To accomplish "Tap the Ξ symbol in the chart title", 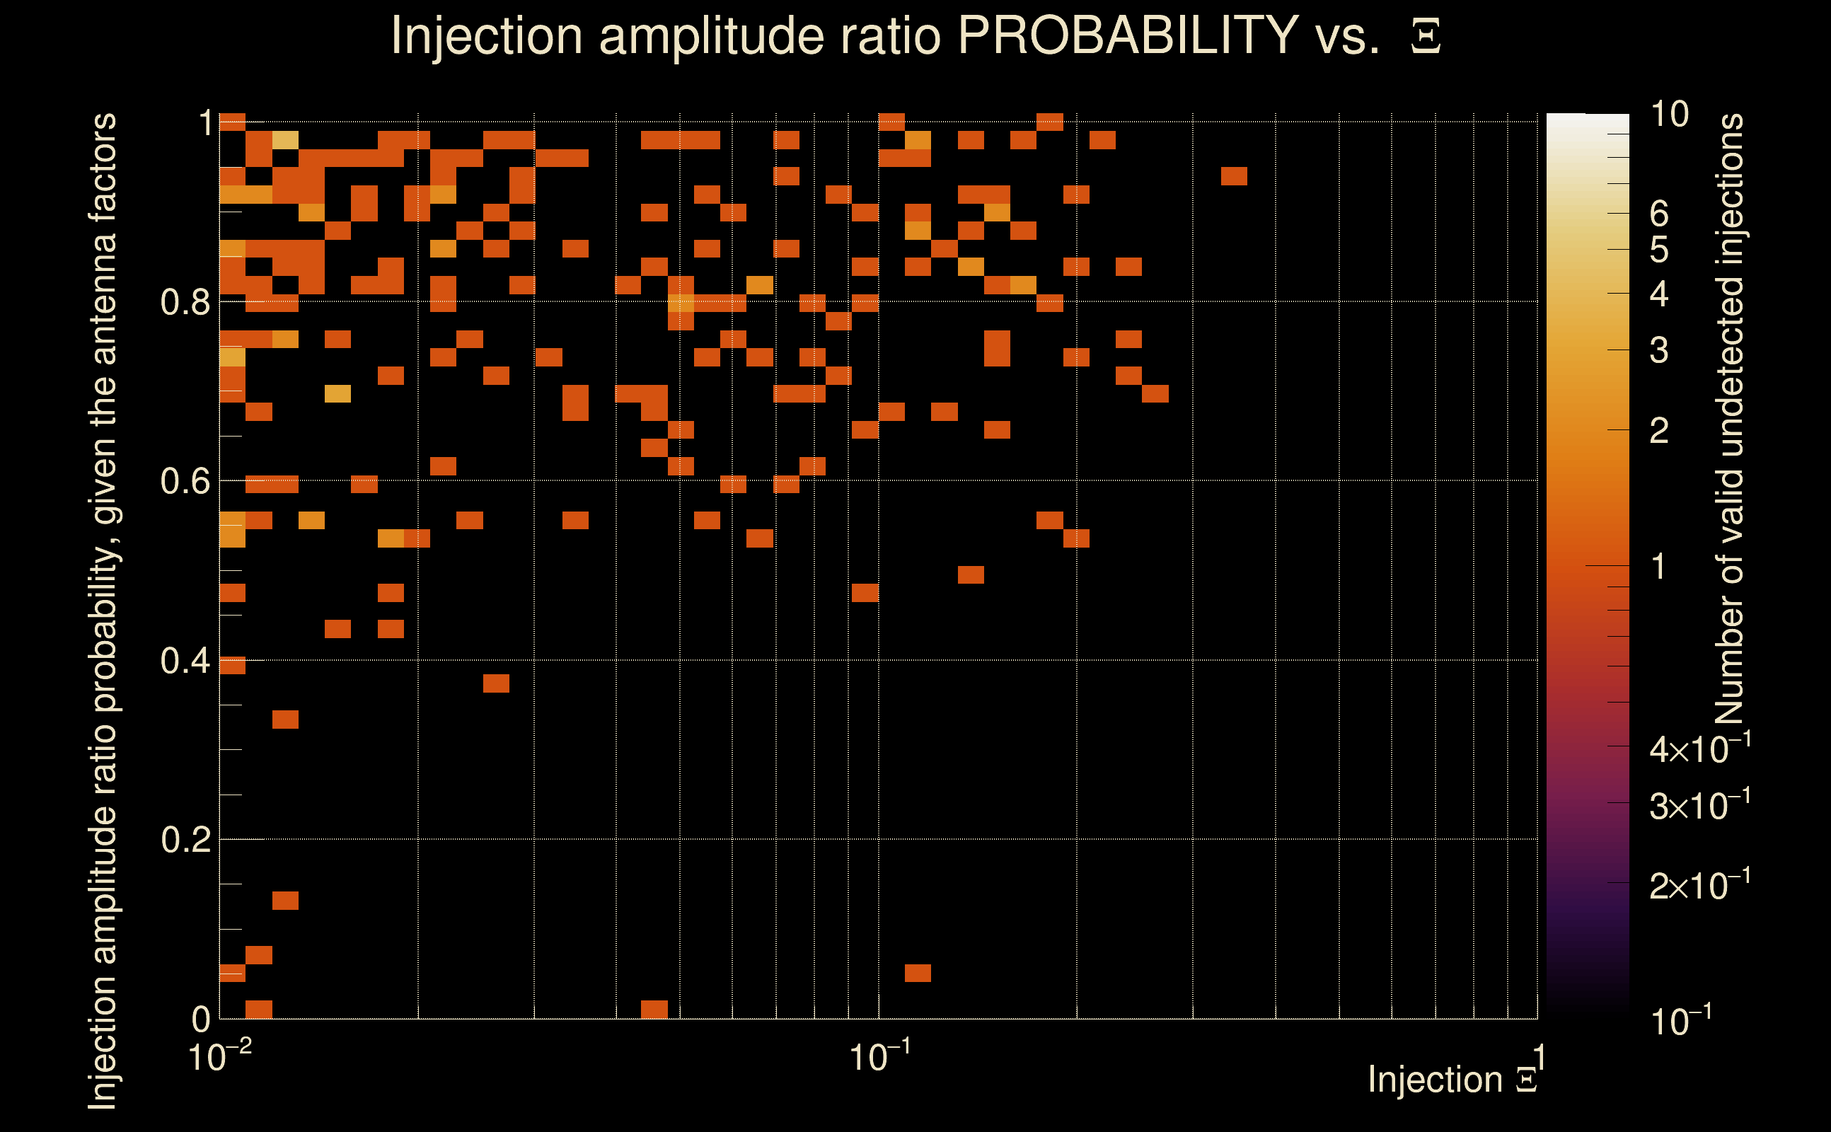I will click(x=1426, y=37).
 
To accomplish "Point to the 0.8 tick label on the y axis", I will click(x=185, y=303).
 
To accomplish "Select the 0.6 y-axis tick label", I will click(x=185, y=481).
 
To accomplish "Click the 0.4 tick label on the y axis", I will click(x=185, y=661).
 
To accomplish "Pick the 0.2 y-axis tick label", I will click(x=185, y=840).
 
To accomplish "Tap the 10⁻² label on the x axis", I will click(x=219, y=1056).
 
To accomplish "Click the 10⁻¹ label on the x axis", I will click(x=879, y=1056).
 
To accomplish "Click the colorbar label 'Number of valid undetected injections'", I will click(x=1729, y=420).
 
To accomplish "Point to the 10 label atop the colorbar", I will click(x=1669, y=115).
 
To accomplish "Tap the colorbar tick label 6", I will click(x=1659, y=214).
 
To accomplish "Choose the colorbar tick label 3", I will click(x=1659, y=350).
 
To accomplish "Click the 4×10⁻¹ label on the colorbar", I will click(x=1699, y=749).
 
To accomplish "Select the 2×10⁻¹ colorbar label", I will click(x=1699, y=886).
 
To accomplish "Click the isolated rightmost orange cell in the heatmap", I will click(x=1234, y=177).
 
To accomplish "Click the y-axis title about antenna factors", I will click(x=103, y=610).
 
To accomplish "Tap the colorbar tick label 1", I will click(x=1659, y=567).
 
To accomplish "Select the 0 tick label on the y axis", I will click(x=201, y=1019).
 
